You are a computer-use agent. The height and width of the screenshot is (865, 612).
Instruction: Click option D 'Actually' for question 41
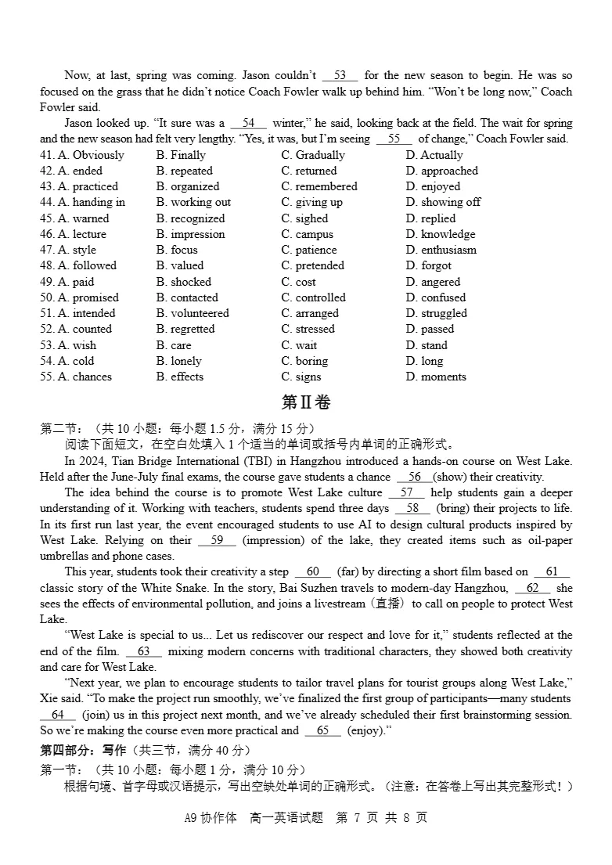434,155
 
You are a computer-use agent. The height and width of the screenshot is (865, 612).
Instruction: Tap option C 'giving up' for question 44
311,202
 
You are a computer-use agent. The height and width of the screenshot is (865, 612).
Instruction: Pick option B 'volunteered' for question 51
193,313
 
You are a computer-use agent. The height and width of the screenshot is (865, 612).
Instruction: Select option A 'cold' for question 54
75,361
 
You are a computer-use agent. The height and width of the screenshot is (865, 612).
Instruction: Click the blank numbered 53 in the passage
340,76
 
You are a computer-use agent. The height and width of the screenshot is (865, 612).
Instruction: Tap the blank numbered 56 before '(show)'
414,477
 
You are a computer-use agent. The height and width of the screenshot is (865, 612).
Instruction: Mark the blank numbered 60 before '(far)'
312,572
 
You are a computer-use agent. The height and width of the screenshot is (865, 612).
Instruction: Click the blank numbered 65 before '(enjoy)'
322,730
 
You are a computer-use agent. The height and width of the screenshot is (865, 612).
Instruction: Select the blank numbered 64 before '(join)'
57,715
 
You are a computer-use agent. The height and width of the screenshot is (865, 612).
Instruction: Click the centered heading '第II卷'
306,402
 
